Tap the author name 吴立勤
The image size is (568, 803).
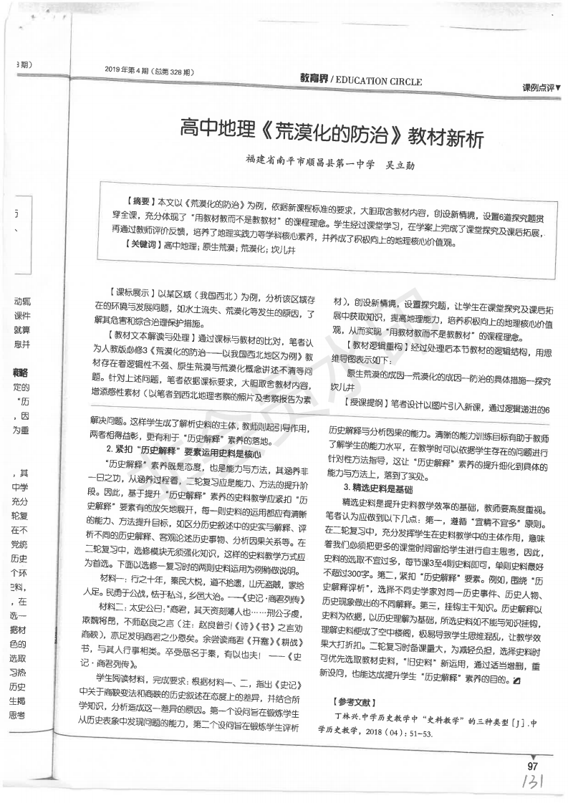point(398,165)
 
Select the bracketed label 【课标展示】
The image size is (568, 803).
point(127,294)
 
